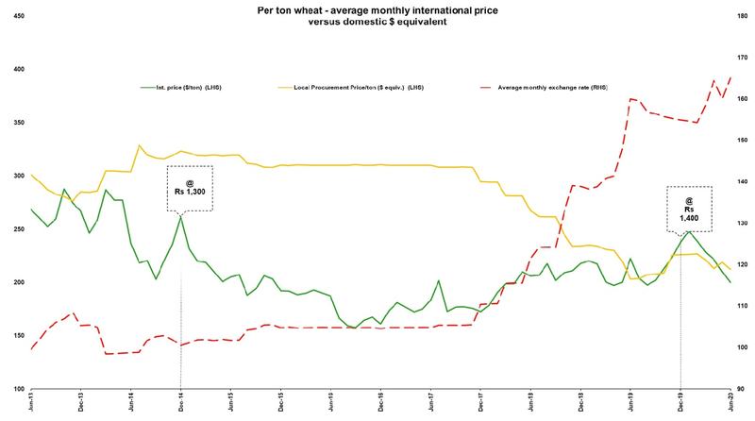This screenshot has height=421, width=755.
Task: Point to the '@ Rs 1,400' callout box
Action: click(689, 209)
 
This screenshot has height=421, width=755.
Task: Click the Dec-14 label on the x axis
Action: click(180, 403)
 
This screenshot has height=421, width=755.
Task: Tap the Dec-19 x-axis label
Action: click(680, 403)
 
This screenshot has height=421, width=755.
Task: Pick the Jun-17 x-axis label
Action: click(430, 403)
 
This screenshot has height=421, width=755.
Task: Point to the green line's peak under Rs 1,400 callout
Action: click(689, 231)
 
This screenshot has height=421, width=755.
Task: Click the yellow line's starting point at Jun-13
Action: click(32, 175)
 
